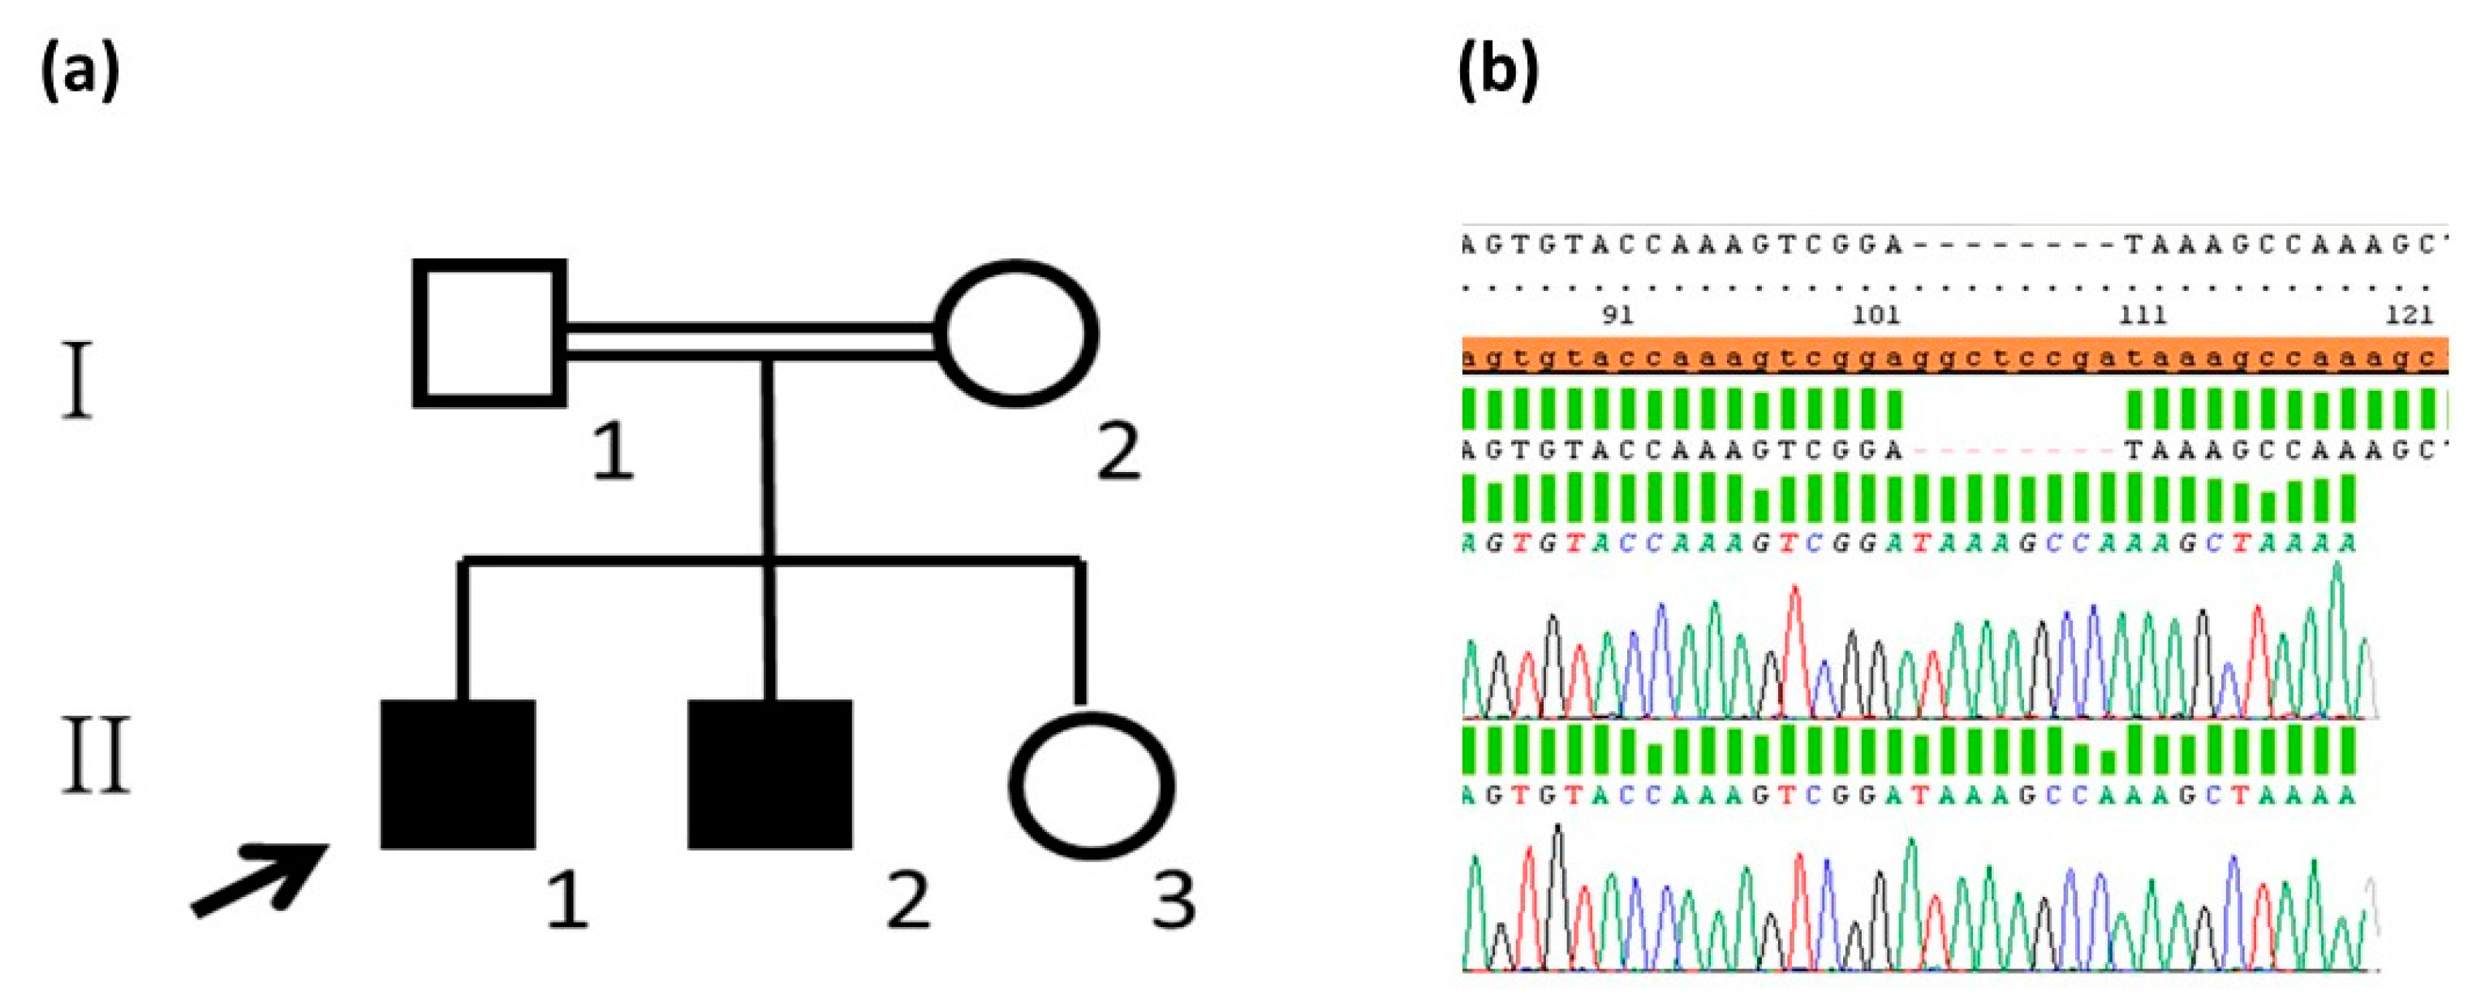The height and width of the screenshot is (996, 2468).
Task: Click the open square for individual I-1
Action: tap(489, 332)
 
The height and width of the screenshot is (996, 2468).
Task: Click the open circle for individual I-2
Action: tap(1017, 332)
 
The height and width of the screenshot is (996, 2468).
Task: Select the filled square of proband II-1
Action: tap(458, 773)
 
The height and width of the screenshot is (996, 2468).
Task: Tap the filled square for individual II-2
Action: tap(769, 773)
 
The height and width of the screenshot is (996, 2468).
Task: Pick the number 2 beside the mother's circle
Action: tap(1118, 452)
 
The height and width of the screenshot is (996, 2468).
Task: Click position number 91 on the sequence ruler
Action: tap(1617, 314)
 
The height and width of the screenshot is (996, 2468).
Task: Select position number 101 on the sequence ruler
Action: tap(1876, 314)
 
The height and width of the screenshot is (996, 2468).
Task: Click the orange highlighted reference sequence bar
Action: tap(1954, 355)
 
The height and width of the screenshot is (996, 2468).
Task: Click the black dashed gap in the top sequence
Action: tap(2012, 245)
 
